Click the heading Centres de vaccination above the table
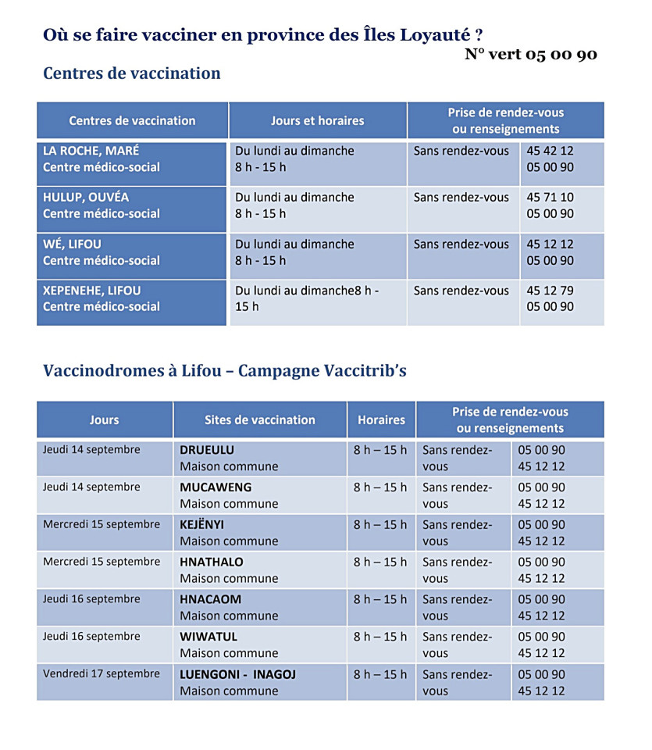tap(132, 73)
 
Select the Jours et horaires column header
tap(317, 120)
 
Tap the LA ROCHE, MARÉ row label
tap(91, 151)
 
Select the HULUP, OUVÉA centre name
tap(86, 198)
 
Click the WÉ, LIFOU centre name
tap(72, 244)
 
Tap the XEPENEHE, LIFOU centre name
tap(92, 291)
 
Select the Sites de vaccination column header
tap(260, 420)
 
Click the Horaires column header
tap(381, 420)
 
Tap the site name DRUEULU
tap(207, 450)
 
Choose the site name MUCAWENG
tap(216, 487)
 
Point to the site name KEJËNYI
tap(202, 524)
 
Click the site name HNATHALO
tap(212, 562)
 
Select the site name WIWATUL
tap(208, 637)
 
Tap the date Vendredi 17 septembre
tap(102, 673)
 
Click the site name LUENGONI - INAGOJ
tap(238, 674)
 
